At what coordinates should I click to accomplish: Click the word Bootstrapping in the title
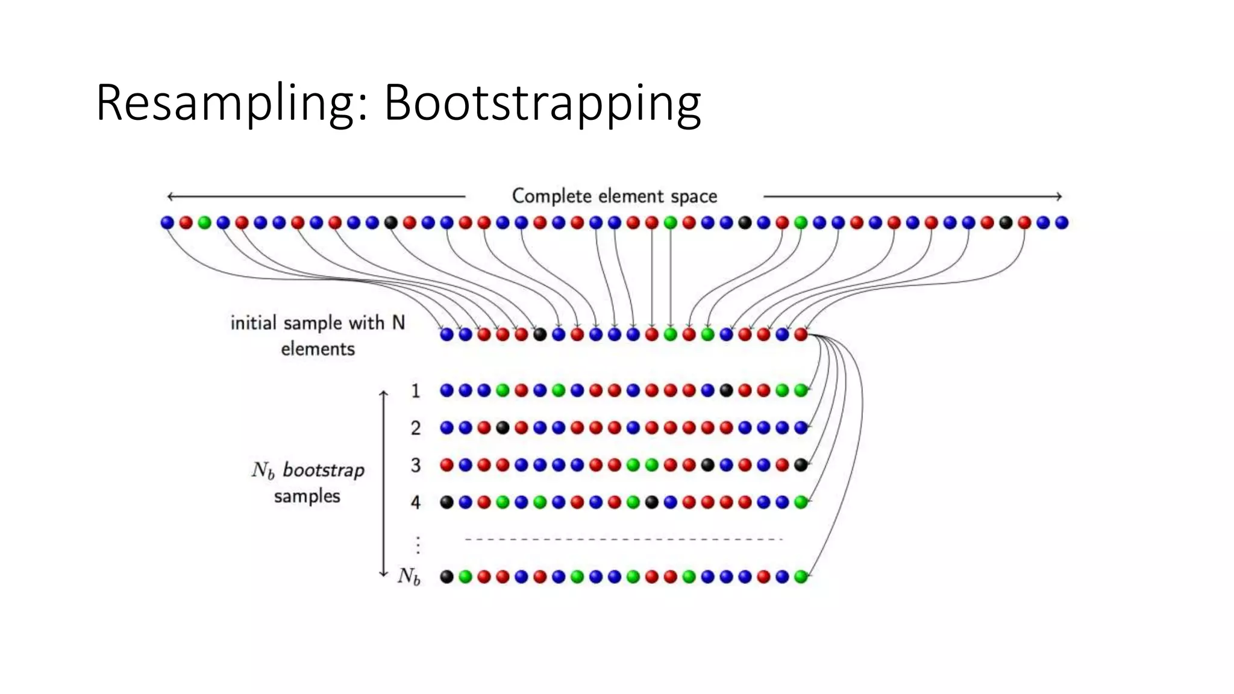point(542,104)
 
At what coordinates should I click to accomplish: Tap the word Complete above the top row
point(552,196)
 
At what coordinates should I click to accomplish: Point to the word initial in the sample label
point(253,324)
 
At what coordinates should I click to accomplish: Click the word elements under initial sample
point(318,349)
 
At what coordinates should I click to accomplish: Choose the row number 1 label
point(416,391)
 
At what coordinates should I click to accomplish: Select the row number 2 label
point(416,428)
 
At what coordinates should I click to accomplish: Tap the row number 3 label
point(416,465)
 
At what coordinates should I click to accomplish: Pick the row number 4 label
point(416,502)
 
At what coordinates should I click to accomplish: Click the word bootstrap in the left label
point(324,470)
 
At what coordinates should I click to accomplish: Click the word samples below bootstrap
point(307,496)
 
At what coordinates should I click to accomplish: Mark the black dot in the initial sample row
point(540,334)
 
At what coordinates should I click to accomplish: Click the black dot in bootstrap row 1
point(727,390)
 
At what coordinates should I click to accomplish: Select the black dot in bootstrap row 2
point(503,428)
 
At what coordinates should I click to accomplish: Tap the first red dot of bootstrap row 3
point(446,465)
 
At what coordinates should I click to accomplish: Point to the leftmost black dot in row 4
point(446,502)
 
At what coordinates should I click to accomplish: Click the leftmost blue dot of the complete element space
point(167,223)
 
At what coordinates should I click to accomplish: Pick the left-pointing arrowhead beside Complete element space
point(171,196)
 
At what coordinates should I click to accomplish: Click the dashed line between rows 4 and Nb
point(624,539)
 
